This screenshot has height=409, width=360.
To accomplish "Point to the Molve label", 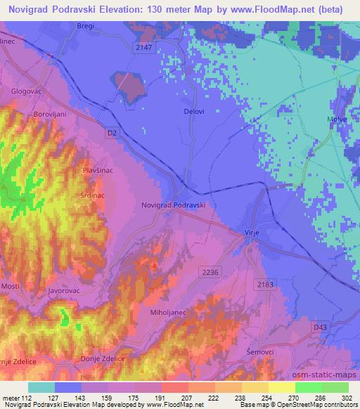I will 337,120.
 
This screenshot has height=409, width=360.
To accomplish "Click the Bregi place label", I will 85,25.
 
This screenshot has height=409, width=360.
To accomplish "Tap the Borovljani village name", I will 49,114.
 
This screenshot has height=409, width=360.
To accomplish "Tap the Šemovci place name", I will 254,353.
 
